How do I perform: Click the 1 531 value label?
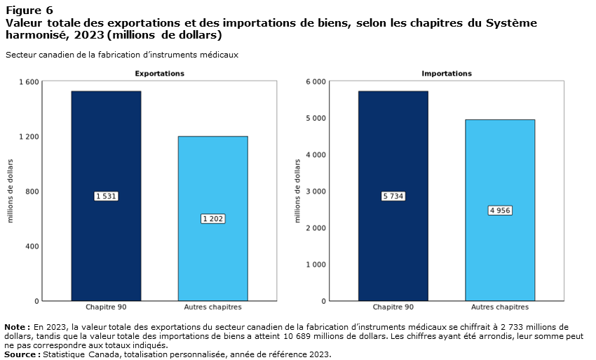106,196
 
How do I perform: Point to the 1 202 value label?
212,219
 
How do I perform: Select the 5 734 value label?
393,196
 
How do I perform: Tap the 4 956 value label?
499,211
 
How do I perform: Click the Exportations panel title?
159,74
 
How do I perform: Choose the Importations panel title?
447,74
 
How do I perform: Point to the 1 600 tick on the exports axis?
29,82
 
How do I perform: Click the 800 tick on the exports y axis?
32,192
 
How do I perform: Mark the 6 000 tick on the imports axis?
316,82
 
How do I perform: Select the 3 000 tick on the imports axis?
316,192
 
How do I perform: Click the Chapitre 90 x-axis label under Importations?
393,307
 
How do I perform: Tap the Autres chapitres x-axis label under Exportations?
212,307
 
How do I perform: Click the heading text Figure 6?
29,11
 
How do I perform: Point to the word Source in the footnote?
20,354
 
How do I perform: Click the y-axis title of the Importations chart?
297,191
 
